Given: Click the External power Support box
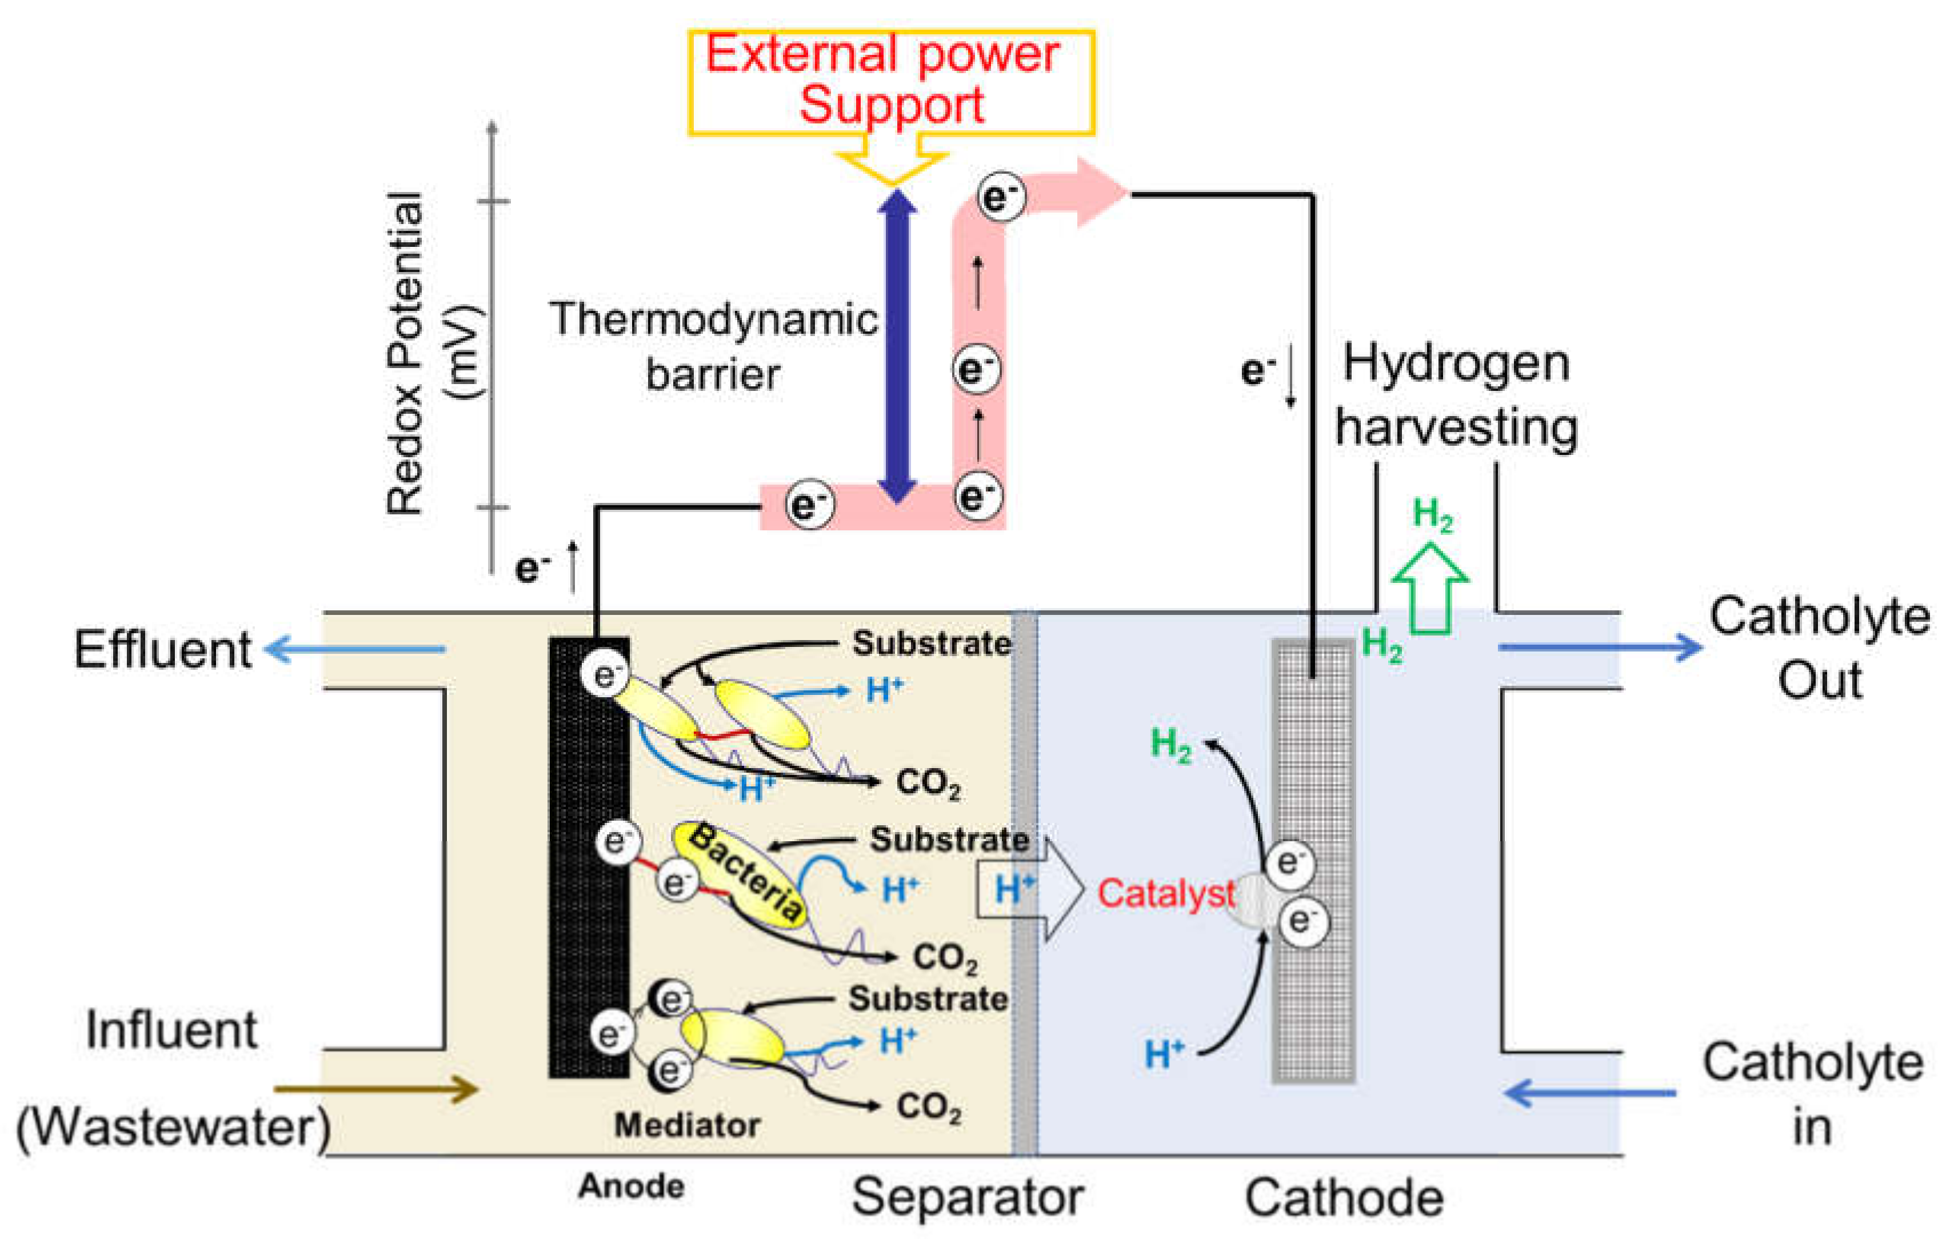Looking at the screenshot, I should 891,81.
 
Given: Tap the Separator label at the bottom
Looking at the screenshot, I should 967,1196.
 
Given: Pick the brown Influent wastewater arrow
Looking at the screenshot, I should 377,1089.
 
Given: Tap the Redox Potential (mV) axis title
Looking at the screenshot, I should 433,353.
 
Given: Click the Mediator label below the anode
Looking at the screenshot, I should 687,1125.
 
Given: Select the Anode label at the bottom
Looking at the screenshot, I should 631,1186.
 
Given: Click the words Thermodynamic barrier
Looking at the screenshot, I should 713,346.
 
